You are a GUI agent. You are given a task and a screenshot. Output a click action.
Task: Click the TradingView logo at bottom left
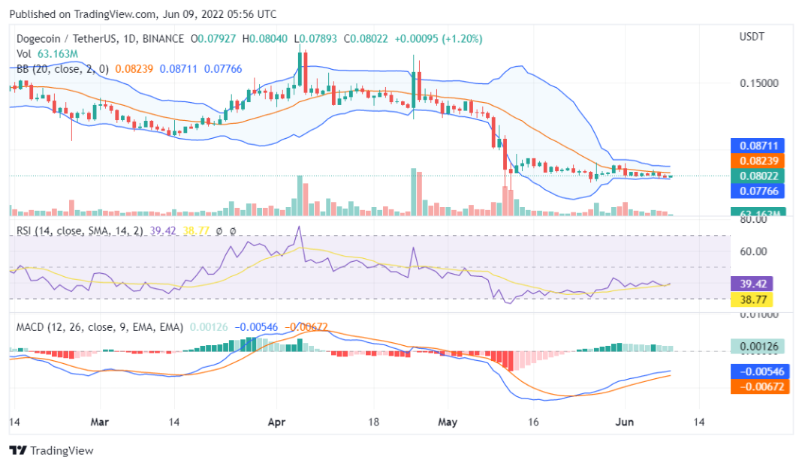[x=51, y=450]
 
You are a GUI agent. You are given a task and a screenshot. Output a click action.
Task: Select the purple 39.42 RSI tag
[x=751, y=284]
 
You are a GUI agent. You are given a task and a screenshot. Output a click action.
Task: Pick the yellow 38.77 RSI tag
[x=751, y=299]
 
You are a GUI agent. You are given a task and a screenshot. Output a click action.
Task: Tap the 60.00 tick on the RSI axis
[x=753, y=251]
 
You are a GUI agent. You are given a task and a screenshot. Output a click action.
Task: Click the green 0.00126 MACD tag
[x=757, y=346]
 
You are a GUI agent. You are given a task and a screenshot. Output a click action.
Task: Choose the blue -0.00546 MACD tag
[x=759, y=371]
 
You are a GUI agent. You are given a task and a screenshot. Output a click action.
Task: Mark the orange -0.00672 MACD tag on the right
[x=759, y=386]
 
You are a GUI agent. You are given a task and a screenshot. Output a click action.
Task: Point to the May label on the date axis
[x=448, y=422]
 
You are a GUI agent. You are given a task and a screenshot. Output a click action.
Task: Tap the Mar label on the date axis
[x=99, y=422]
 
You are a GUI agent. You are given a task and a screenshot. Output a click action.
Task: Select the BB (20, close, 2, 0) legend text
[x=62, y=68]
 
